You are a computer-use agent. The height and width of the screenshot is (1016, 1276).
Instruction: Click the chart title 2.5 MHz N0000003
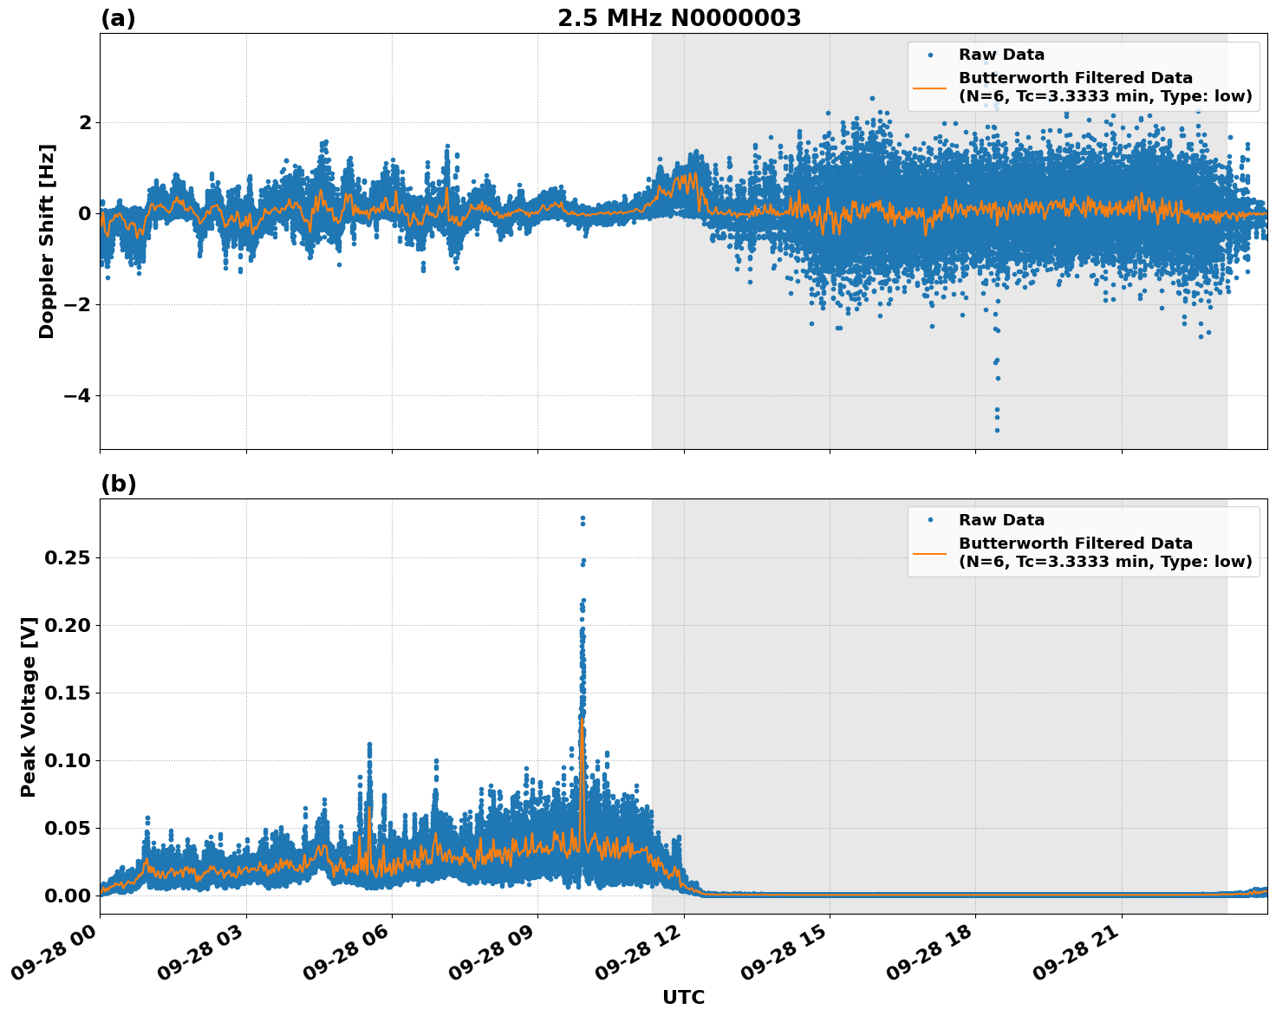click(x=679, y=18)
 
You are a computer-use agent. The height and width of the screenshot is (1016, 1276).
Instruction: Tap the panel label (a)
click(x=118, y=18)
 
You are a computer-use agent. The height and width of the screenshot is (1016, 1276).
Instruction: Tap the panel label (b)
click(x=118, y=484)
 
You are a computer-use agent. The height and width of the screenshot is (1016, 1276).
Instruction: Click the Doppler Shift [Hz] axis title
click(x=47, y=241)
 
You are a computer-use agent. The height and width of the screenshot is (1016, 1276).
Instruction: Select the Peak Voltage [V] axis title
click(x=29, y=707)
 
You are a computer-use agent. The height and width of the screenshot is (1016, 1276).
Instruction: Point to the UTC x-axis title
click(x=683, y=997)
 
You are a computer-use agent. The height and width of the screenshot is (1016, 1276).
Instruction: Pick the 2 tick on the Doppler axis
click(x=85, y=122)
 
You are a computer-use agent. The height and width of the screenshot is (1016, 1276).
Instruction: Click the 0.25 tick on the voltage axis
click(x=68, y=557)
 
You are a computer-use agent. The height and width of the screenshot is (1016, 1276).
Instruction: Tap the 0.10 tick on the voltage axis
click(x=68, y=760)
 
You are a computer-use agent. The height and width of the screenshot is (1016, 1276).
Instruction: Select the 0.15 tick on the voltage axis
click(x=68, y=693)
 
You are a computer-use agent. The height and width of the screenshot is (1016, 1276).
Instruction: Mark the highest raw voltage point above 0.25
click(x=583, y=518)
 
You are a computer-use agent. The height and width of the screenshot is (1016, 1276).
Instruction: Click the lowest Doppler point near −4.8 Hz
click(x=997, y=430)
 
